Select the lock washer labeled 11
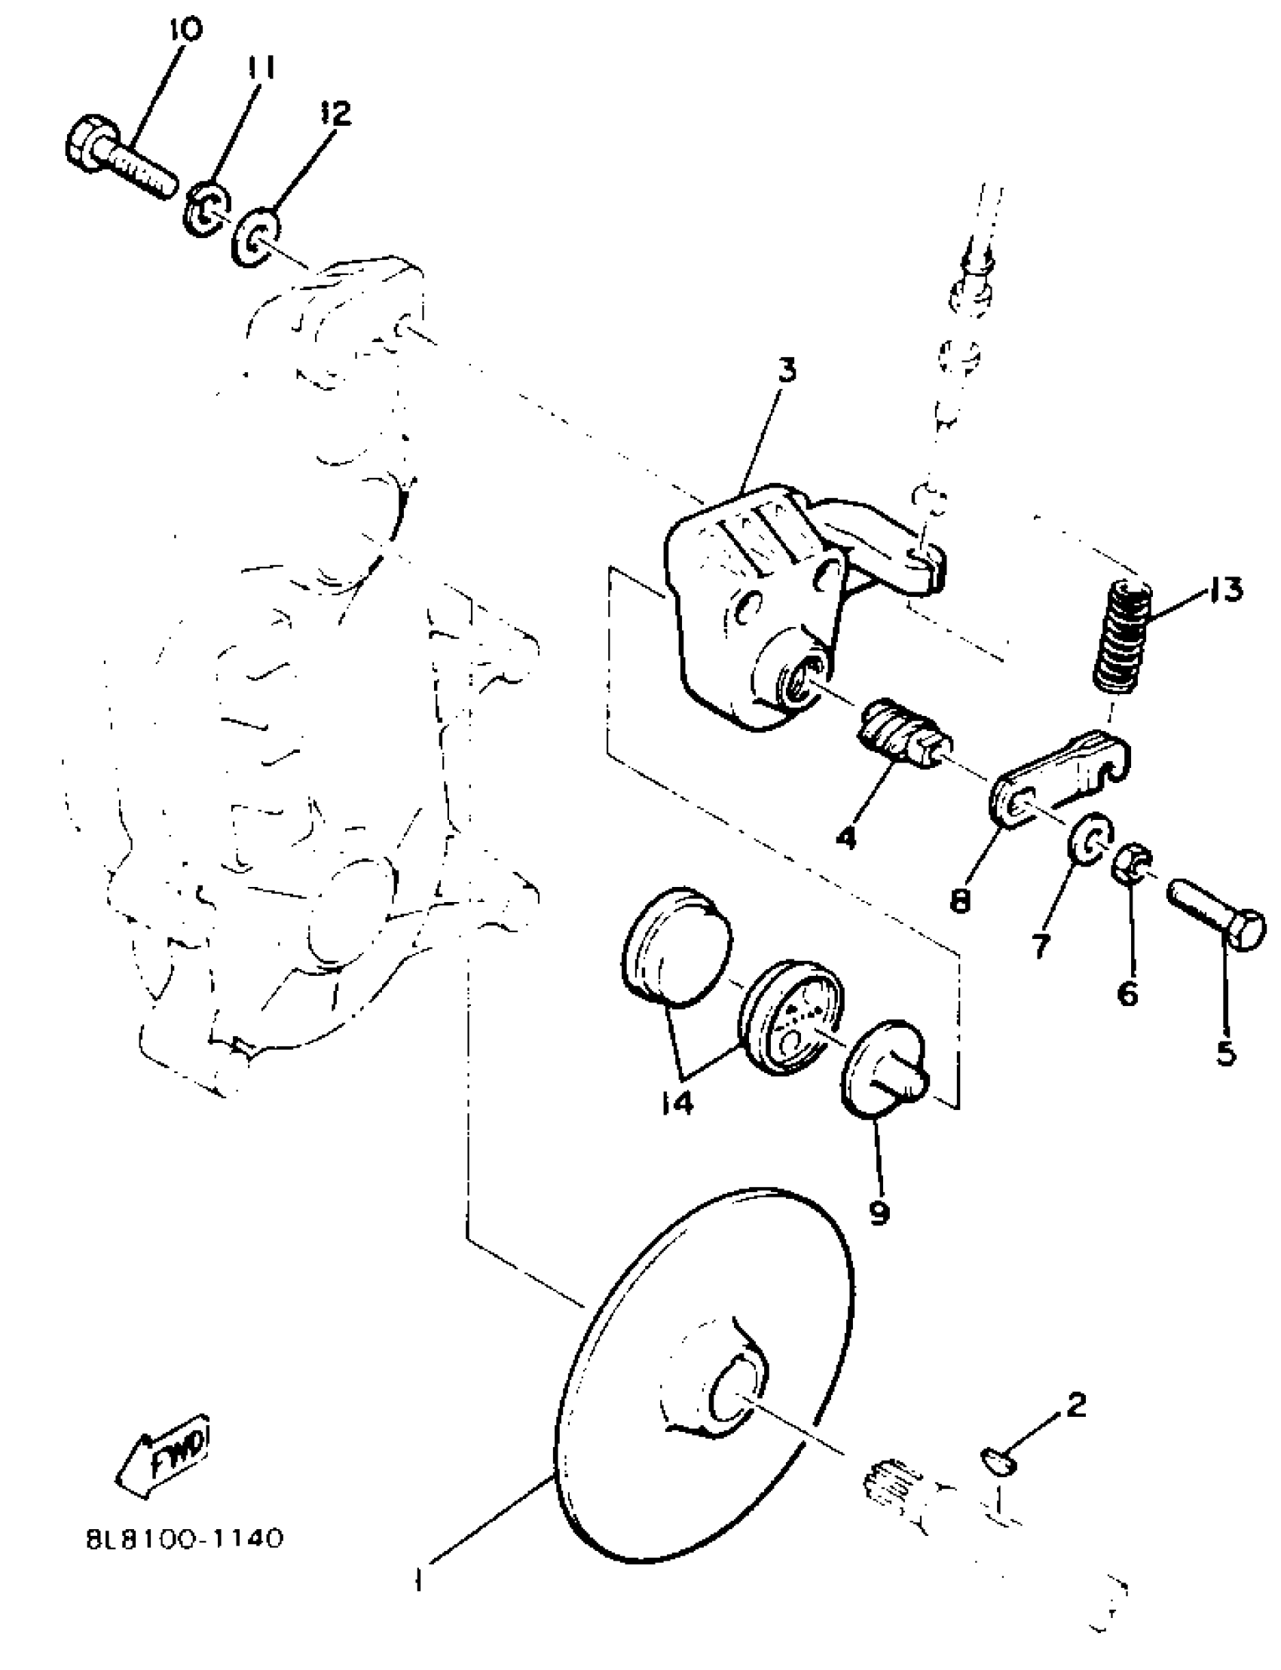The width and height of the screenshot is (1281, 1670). (x=206, y=211)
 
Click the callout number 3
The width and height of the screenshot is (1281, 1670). (x=787, y=371)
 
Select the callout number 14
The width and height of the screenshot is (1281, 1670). (x=677, y=1102)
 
